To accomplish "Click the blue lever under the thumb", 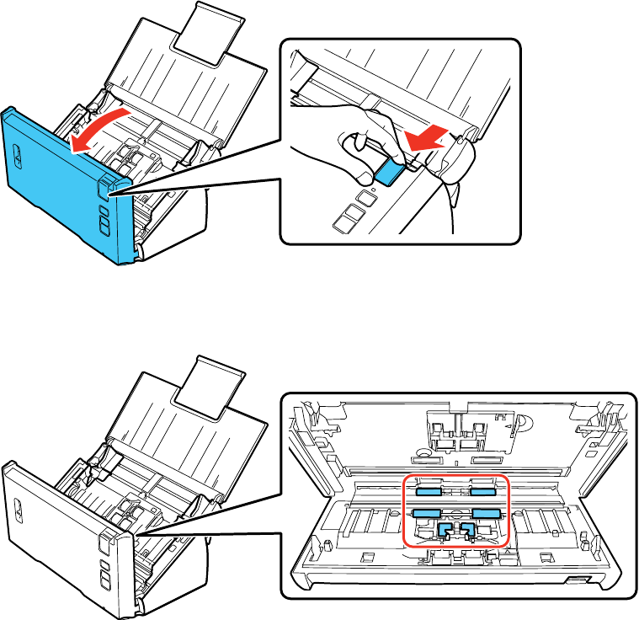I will pos(389,172).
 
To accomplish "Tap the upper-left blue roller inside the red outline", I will pos(430,489).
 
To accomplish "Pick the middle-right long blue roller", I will pos(486,512).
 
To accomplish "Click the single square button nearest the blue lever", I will pos(365,197).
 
